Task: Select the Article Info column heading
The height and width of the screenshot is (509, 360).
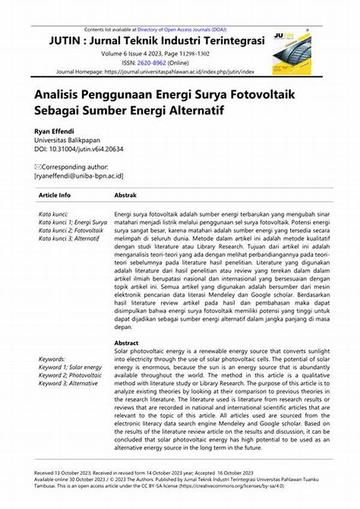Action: pyautogui.click(x=55, y=196)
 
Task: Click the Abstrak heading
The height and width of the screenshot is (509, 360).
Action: pyautogui.click(x=125, y=196)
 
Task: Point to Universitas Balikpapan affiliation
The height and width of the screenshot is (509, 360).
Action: pyautogui.click(x=68, y=140)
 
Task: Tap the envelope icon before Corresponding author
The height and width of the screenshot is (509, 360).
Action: pyautogui.click(x=38, y=167)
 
